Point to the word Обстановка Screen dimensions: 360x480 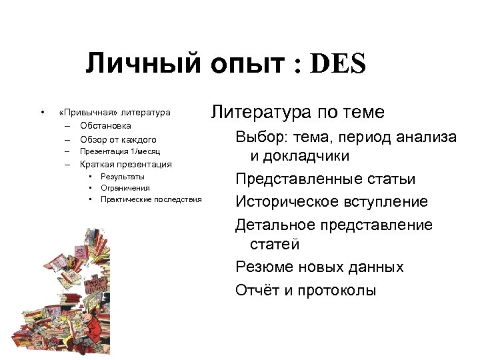(x=105, y=126)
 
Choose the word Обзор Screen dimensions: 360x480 (x=93, y=139)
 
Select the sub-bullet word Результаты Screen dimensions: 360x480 (x=123, y=177)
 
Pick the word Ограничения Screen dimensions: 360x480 (x=125, y=188)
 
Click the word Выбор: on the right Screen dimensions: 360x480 (x=259, y=137)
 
